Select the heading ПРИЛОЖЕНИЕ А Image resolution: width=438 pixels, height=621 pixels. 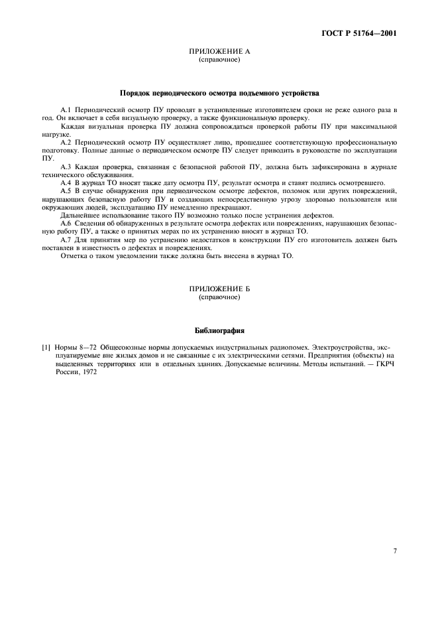(219, 51)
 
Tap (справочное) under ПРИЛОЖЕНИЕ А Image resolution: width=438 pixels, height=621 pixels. (219, 59)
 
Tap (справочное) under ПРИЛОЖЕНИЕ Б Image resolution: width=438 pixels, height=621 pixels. (219, 298)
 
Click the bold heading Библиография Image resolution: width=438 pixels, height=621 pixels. (219, 330)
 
